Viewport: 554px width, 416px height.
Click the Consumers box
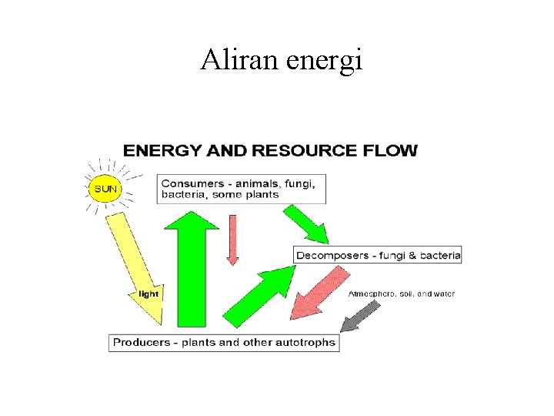point(242,189)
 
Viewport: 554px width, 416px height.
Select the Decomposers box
point(378,255)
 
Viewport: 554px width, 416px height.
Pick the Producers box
point(224,342)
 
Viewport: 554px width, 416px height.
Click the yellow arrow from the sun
point(136,266)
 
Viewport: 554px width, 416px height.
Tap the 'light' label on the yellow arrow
point(149,294)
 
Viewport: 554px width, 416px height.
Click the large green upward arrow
point(192,266)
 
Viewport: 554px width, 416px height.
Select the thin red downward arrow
point(233,239)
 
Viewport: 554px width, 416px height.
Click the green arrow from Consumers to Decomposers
point(308,223)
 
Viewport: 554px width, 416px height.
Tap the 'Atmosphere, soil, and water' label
point(401,294)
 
